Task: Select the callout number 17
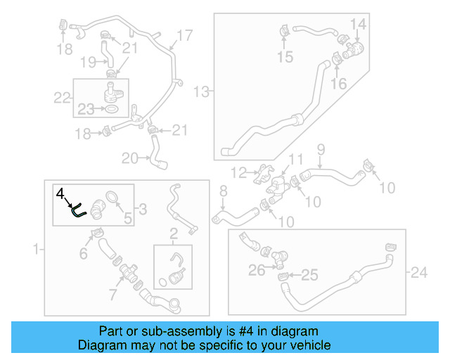[184, 35]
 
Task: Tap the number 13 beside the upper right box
[202, 91]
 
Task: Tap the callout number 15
[285, 57]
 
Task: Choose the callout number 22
[63, 96]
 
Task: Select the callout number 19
[87, 63]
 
